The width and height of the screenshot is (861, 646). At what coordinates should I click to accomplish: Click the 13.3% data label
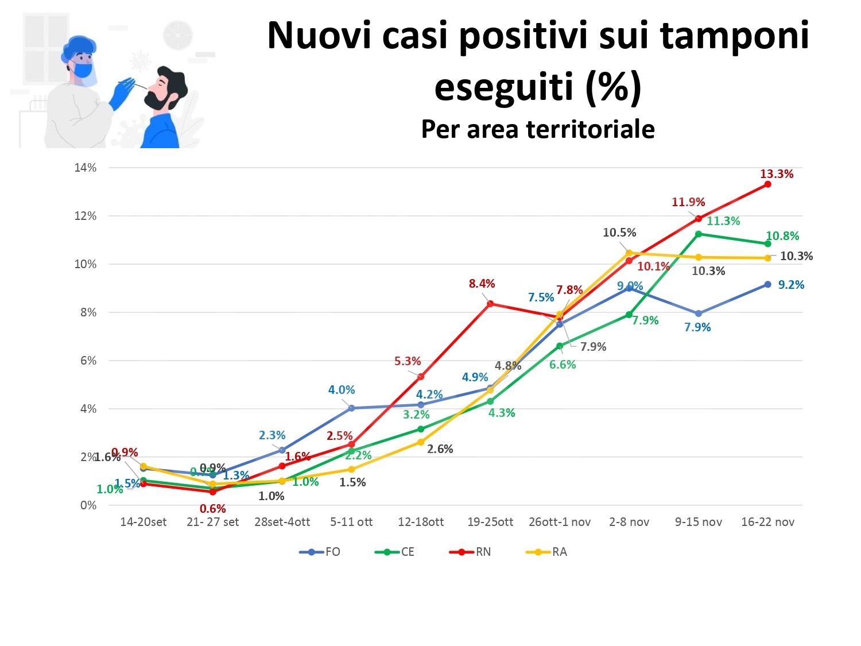click(x=776, y=174)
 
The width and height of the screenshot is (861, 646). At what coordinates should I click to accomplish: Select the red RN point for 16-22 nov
click(x=767, y=184)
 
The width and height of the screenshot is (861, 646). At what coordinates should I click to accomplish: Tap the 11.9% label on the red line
click(x=688, y=202)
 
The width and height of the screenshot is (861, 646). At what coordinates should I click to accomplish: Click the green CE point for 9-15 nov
click(x=699, y=234)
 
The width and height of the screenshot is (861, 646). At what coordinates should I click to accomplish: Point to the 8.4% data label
click(x=482, y=284)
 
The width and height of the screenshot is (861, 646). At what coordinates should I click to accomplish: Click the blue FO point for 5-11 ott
click(x=351, y=408)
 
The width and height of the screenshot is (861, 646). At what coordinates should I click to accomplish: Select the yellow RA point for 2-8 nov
click(x=629, y=253)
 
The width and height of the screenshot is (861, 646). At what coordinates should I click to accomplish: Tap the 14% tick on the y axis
click(x=85, y=168)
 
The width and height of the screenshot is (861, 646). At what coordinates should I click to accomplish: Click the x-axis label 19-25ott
click(x=490, y=522)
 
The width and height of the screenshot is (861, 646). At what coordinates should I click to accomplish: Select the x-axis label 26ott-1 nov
click(x=560, y=522)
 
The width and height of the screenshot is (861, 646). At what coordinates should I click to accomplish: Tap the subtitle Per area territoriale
click(x=538, y=129)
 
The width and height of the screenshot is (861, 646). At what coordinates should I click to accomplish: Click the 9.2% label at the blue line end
click(x=790, y=285)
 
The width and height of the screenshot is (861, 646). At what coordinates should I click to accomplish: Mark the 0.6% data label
click(x=212, y=509)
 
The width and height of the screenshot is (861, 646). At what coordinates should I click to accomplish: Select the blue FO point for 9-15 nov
click(x=699, y=314)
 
